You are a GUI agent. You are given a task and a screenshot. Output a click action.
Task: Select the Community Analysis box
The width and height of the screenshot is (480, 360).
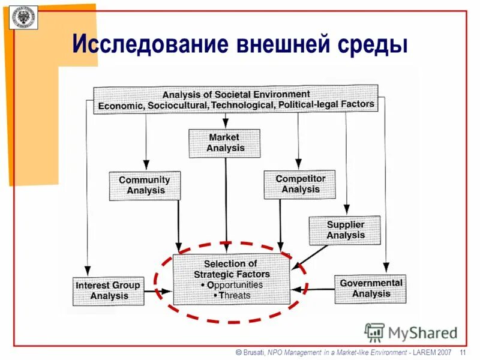click(145, 185)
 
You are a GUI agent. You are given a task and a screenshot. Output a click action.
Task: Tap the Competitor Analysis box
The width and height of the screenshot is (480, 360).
click(300, 184)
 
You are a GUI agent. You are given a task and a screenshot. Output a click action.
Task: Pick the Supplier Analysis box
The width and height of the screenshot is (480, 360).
click(345, 230)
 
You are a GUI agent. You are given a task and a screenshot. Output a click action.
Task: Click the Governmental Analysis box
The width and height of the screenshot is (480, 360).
click(370, 289)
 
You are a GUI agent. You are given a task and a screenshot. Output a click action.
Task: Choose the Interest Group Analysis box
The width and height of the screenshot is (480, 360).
click(109, 291)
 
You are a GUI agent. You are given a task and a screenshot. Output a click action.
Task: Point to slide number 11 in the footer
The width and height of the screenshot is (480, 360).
click(463, 352)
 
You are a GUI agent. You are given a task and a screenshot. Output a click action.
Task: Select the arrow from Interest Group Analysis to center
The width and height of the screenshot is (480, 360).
click(159, 292)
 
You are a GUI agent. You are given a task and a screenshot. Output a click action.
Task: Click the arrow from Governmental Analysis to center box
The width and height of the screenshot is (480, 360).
click(312, 289)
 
